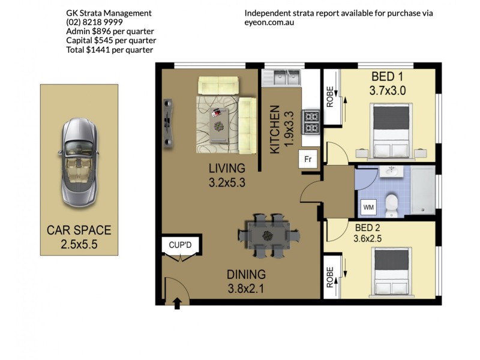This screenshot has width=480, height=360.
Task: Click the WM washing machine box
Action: point(368,207)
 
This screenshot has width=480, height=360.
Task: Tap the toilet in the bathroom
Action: point(391,205)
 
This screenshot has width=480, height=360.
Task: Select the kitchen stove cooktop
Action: point(311,121)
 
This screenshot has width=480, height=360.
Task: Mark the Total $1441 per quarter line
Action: point(109,50)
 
